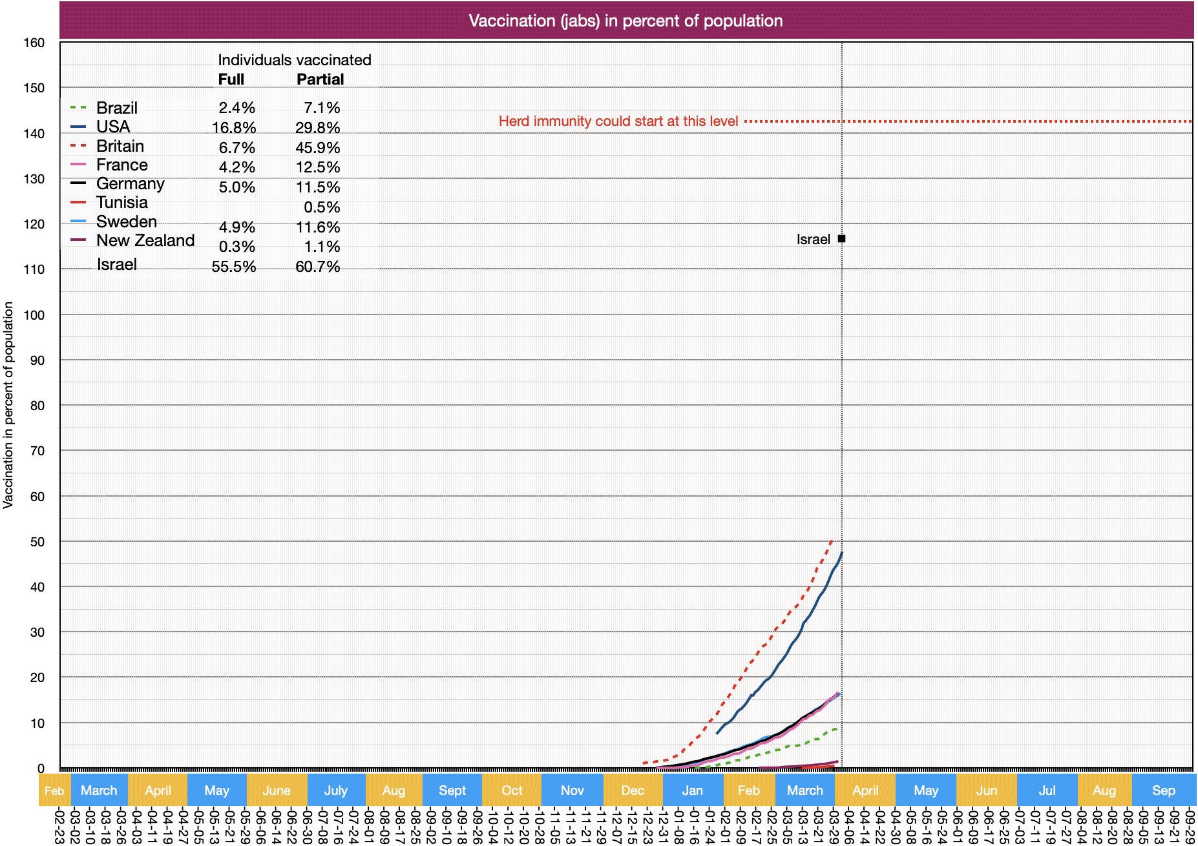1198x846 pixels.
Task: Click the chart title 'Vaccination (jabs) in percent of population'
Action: click(x=625, y=21)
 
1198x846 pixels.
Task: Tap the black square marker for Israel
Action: click(x=841, y=239)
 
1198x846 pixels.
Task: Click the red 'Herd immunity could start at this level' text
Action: click(x=618, y=121)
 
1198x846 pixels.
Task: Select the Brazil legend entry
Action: click(x=117, y=108)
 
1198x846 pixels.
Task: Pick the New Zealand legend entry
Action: click(x=145, y=240)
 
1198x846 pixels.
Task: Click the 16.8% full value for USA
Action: click(x=234, y=128)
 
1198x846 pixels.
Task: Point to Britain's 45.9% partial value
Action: click(x=317, y=148)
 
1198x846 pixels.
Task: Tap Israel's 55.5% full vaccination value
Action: click(x=234, y=267)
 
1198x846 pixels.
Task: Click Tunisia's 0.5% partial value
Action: click(x=322, y=207)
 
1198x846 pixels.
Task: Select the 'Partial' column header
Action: click(x=320, y=79)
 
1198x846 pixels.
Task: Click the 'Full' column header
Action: click(x=231, y=79)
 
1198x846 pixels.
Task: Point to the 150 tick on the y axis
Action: click(x=34, y=88)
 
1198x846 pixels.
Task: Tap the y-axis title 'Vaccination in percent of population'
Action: click(x=8, y=405)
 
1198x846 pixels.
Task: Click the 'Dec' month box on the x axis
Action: click(x=633, y=790)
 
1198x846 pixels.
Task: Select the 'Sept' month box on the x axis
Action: click(x=452, y=790)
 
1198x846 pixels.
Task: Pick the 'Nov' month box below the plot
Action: click(x=573, y=790)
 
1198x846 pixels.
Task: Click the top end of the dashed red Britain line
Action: click(x=831, y=541)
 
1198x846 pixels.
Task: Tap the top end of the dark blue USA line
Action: click(x=841, y=553)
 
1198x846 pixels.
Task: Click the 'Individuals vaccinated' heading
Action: click(x=294, y=60)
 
